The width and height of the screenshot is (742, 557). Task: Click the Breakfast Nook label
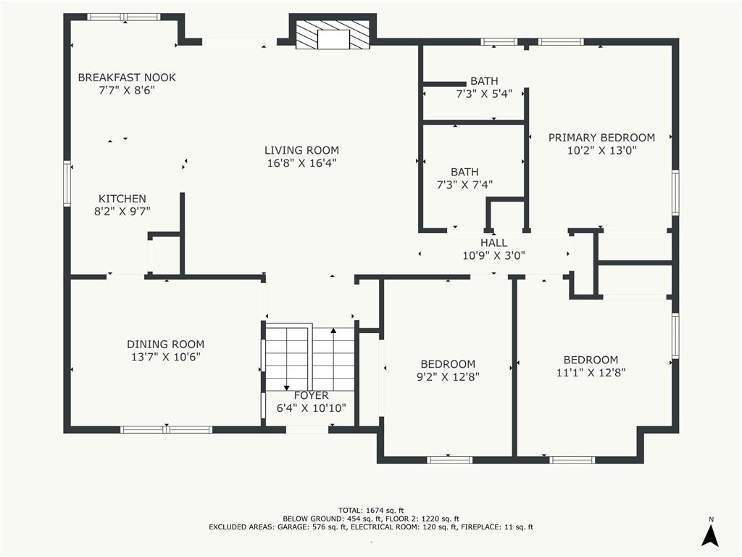tap(127, 77)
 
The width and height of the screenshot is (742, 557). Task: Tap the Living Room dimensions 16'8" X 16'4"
tap(302, 163)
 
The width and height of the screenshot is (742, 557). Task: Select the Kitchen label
tap(122, 199)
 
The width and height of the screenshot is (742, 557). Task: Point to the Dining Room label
tap(166, 344)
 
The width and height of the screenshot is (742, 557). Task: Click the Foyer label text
tap(312, 395)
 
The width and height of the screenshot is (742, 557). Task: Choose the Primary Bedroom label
tap(602, 138)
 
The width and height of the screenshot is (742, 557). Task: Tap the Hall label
tap(494, 243)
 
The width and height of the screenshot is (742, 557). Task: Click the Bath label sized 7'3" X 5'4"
tap(484, 87)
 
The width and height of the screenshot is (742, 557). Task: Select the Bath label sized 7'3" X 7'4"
tap(464, 178)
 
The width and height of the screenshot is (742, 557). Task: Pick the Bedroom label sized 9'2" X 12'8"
tap(448, 371)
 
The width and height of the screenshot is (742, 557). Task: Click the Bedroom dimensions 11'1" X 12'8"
tap(591, 373)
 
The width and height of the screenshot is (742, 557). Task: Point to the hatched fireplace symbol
tap(333, 35)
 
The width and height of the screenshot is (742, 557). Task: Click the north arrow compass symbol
tap(710, 536)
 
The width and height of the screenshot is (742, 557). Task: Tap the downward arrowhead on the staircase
tap(287, 388)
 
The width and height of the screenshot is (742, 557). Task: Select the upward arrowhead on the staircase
tap(333, 331)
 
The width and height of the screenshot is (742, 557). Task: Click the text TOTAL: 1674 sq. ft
tap(371, 510)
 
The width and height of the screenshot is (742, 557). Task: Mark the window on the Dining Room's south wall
tap(166, 429)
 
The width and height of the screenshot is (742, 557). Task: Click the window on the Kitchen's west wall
tap(67, 183)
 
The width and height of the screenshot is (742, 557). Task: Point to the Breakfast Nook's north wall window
tap(124, 17)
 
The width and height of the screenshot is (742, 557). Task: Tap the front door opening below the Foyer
tap(307, 429)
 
